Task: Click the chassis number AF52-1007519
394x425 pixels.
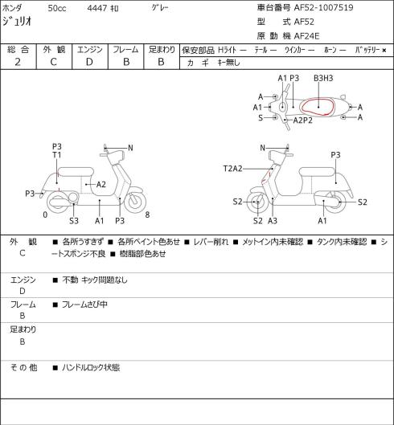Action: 324,7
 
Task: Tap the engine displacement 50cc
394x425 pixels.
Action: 57,8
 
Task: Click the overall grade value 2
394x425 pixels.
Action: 18,62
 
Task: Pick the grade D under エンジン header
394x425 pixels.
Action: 89,62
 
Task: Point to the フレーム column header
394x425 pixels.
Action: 125,50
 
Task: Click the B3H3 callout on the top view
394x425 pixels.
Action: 323,79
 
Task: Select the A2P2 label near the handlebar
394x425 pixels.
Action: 303,120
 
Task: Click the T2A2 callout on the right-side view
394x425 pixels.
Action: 233,169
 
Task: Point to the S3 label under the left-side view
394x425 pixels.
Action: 74,221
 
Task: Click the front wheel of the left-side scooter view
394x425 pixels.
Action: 135,201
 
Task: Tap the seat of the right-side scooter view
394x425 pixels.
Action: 317,172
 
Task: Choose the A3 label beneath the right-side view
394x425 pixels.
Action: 273,221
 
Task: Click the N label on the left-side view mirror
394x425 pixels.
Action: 130,148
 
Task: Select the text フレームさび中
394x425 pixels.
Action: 84,304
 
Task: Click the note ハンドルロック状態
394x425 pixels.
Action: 91,368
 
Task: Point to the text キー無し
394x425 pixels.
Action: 228,63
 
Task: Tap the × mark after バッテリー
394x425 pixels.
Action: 384,50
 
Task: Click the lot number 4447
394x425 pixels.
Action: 96,8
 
